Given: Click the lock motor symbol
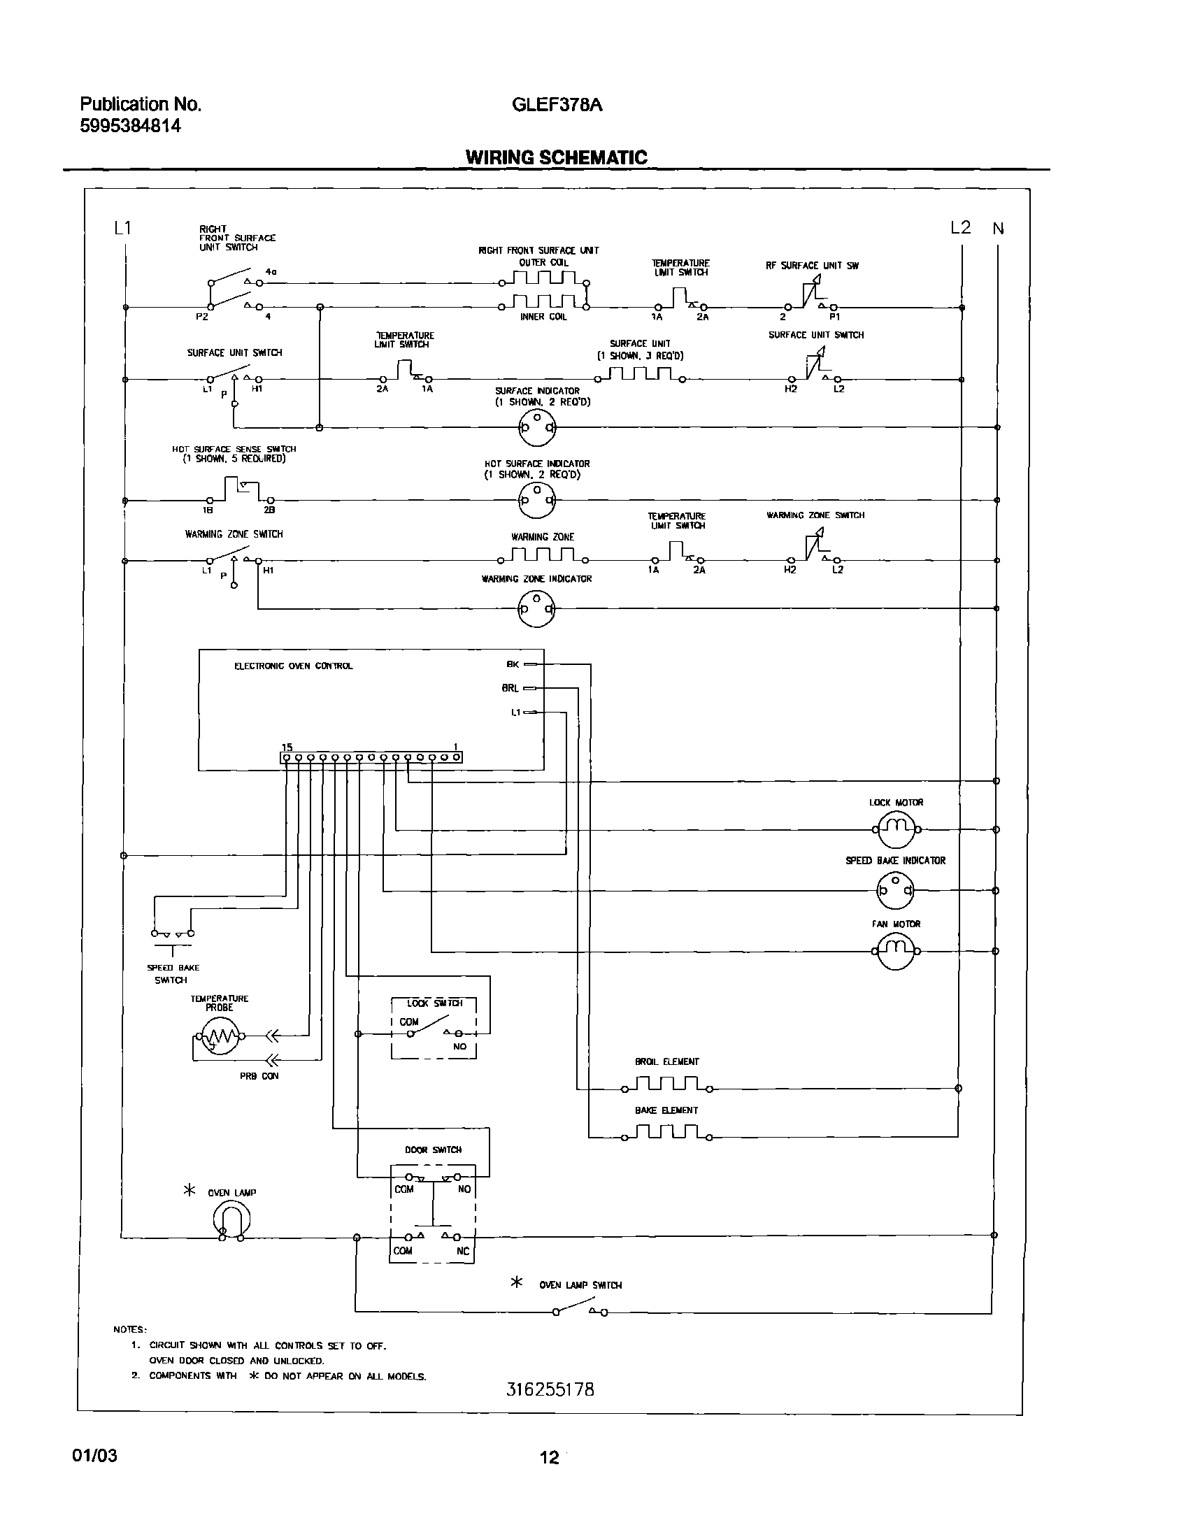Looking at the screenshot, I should coord(896,829).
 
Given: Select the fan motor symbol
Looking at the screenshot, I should coord(896,951).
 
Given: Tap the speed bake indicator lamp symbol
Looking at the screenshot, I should coord(895,890).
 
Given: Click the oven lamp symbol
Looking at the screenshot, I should coord(231,1221).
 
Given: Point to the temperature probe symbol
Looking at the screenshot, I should coord(219,1036).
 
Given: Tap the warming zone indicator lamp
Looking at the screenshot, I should coord(536,608).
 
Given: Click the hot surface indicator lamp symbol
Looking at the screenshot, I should coord(536,500).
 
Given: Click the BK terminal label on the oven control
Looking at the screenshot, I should coord(513,664).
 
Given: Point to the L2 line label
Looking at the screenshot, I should coord(960,227).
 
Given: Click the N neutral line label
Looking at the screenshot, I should coord(999,228).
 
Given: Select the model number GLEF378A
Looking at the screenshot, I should coord(557,105).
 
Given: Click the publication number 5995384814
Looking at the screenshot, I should coord(131,126).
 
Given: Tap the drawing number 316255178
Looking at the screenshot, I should coord(550,1389).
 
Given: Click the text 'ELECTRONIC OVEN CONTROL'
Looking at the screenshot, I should coord(293,666).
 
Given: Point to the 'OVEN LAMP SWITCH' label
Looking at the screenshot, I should coord(580,1284).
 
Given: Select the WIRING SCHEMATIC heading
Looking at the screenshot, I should coord(557,157).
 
